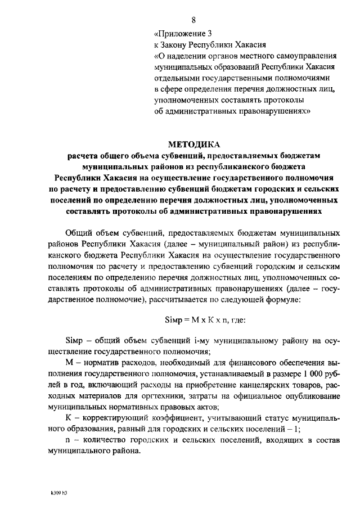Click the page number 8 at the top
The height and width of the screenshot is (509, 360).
click(193, 21)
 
